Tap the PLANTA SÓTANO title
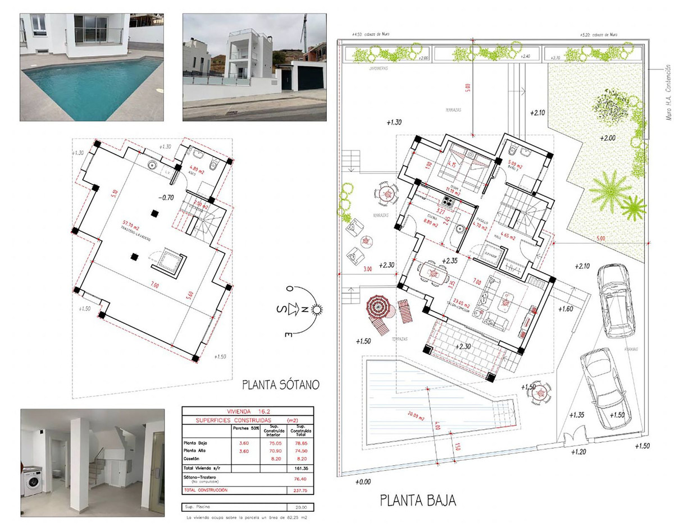coord(281,385)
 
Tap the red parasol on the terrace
coord(377,306)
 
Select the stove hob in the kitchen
coord(449,199)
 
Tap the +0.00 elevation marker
coord(363,482)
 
